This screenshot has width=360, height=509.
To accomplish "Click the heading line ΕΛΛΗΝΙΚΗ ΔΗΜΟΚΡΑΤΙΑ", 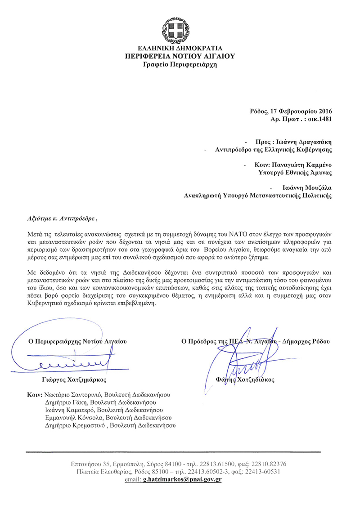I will (x=180, y=49).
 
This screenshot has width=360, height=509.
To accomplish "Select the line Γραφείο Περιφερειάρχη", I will (x=180, y=64).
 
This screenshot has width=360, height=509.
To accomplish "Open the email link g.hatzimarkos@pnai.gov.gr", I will (x=182, y=480).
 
